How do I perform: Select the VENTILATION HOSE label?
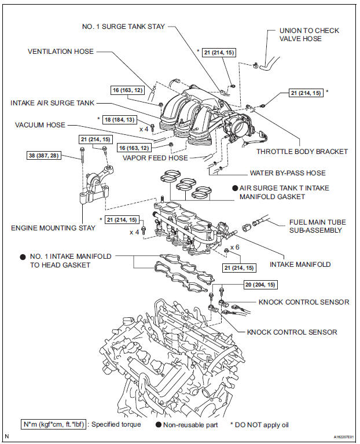coord(60,52)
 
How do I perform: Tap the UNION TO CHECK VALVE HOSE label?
coord(309,35)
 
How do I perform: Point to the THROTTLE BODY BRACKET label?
coord(302,151)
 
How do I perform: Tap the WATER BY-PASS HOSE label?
coord(288,173)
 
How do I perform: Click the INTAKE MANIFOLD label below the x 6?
coord(301,265)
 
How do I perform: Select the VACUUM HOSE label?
coord(40,124)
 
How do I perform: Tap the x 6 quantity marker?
coord(234,247)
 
